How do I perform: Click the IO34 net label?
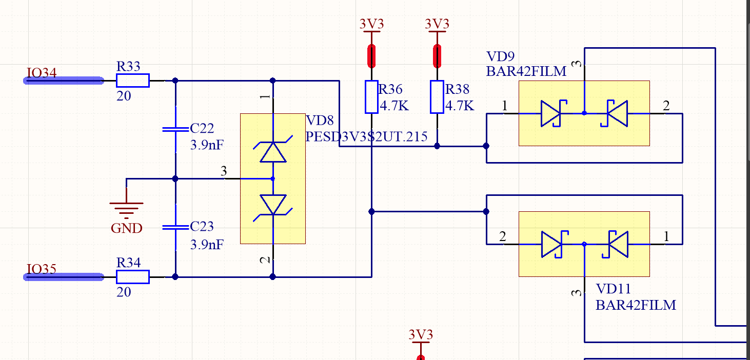(x=42, y=73)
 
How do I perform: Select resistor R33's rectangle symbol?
(x=132, y=81)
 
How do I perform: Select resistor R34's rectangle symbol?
(x=132, y=277)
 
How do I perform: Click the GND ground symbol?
(x=126, y=208)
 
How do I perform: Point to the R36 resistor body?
(x=371, y=97)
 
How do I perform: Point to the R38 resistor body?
(x=437, y=97)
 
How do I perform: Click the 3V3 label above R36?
(x=371, y=24)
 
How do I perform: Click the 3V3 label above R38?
(x=437, y=24)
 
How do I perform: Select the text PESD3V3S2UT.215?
(x=366, y=137)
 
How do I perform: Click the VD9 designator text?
(x=500, y=56)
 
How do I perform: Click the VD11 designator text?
(x=613, y=289)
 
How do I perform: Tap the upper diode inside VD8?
(x=272, y=152)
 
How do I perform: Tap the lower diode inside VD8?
(x=272, y=205)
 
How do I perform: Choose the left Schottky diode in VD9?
(x=552, y=113)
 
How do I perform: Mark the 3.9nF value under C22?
(x=207, y=145)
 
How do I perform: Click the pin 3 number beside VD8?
(x=224, y=171)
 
